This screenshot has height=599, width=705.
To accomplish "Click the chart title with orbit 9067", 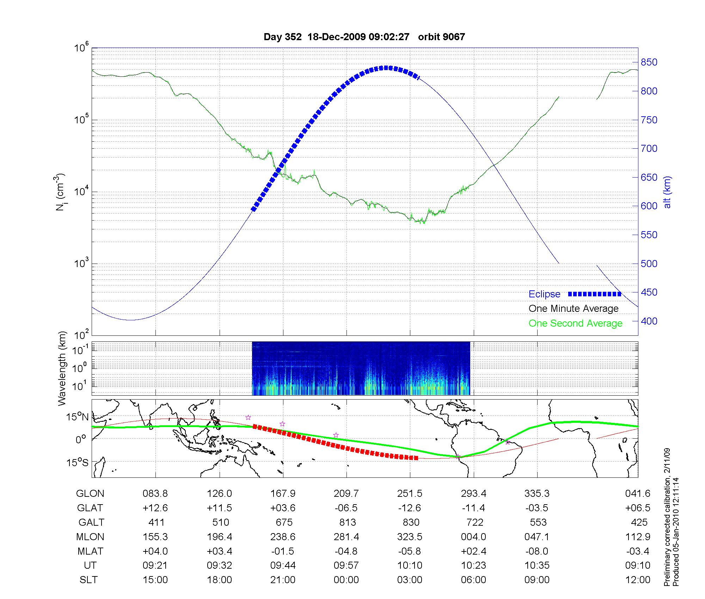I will pyautogui.click(x=364, y=37).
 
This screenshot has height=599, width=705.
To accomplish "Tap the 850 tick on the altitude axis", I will pyautogui.click(x=649, y=62).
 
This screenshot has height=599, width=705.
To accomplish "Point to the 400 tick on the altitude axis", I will pyautogui.click(x=649, y=321).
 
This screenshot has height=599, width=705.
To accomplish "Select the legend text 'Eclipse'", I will pyautogui.click(x=544, y=294).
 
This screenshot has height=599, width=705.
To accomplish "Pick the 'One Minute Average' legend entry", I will pyautogui.click(x=574, y=309).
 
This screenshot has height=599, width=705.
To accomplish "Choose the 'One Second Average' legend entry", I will pyautogui.click(x=575, y=323).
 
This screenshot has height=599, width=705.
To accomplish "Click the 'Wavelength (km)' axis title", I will pyautogui.click(x=62, y=368).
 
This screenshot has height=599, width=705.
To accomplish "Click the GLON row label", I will pyautogui.click(x=90, y=494).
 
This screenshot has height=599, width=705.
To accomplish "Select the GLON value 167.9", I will pyautogui.click(x=283, y=494).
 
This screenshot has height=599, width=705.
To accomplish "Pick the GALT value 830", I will pyautogui.click(x=411, y=522).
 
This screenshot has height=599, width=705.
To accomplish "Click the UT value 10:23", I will pyautogui.click(x=473, y=566).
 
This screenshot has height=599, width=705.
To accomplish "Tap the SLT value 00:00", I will pyautogui.click(x=346, y=580).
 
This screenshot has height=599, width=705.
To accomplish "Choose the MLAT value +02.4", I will pyautogui.click(x=473, y=551).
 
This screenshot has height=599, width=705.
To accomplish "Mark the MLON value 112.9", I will pyautogui.click(x=638, y=537).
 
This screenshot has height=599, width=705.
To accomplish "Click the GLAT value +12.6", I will pyautogui.click(x=155, y=508).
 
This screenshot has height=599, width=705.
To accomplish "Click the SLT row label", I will pyautogui.click(x=88, y=580).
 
